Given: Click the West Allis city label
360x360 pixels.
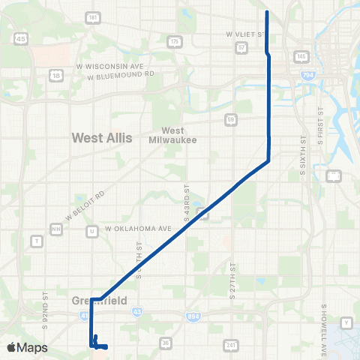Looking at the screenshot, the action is pyautogui.click(x=101, y=137).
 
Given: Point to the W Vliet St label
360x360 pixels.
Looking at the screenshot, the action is pyautogui.click(x=245, y=34).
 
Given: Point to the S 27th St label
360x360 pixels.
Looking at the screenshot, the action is pyautogui.click(x=233, y=279).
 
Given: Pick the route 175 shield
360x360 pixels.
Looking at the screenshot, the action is pyautogui.click(x=175, y=41).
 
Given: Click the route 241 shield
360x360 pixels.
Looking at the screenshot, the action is pyautogui.click(x=230, y=345).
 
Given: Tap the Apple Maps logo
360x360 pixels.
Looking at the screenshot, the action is pyautogui.click(x=26, y=347).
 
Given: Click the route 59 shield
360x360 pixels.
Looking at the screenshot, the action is pyautogui.click(x=232, y=118).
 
